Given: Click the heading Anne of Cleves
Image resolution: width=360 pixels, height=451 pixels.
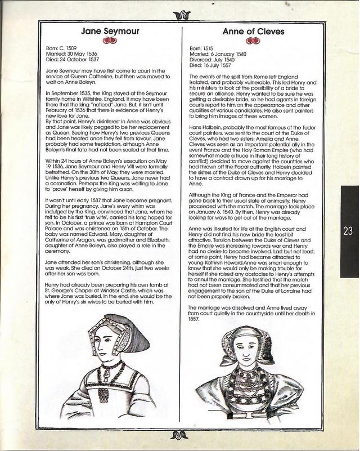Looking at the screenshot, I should (252, 32).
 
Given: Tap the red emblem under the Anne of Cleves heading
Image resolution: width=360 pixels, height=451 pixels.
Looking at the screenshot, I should (251, 41).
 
